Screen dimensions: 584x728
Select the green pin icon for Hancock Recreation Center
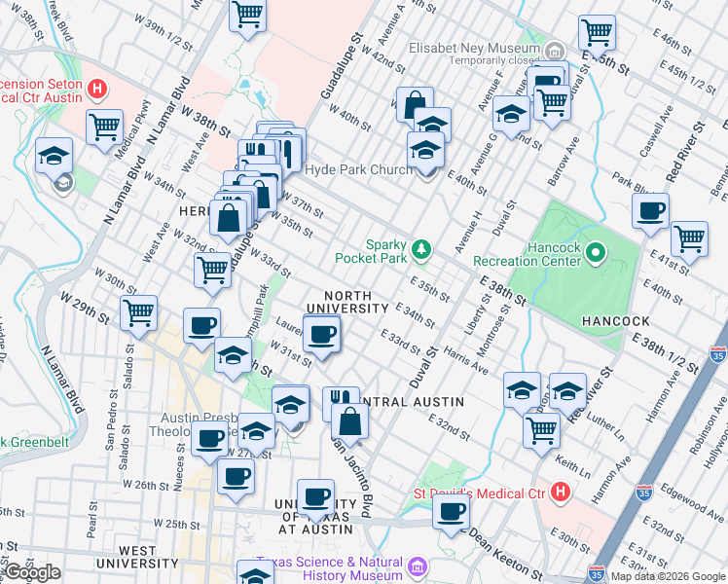(x=594, y=253)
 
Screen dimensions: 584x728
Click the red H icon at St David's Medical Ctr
(x=559, y=492)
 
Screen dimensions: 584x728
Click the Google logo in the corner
(x=32, y=572)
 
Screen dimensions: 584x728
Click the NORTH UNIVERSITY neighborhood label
(x=348, y=302)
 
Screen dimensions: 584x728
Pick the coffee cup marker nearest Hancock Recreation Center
(x=650, y=210)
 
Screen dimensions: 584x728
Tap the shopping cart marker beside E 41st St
(x=689, y=237)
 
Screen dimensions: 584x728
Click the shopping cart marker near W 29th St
(x=139, y=313)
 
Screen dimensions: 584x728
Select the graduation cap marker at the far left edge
(x=54, y=155)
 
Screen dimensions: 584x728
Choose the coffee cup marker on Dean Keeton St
(x=450, y=510)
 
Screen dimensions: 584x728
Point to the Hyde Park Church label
(x=358, y=170)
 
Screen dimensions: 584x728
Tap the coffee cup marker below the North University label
(x=321, y=335)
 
